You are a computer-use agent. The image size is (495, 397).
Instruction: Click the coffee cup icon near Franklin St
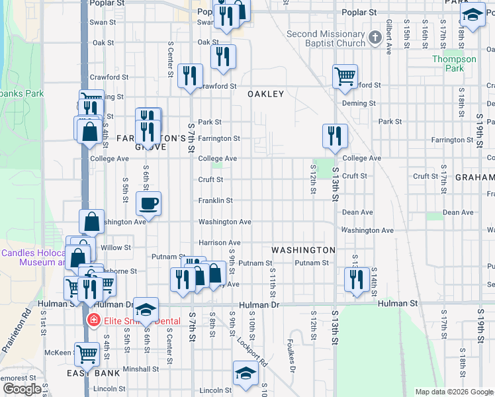pos(148,203)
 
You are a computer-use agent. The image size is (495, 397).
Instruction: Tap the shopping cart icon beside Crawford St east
pos(345,77)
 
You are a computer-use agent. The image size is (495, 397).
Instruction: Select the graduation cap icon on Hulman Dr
pos(146,309)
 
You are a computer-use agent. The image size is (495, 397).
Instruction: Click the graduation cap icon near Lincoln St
pos(246,373)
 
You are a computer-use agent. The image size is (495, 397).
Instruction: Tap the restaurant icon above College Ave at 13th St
pos(335,136)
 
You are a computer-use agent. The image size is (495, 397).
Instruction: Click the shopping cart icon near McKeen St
pos(87,354)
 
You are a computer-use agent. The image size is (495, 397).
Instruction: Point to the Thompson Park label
pos(454,64)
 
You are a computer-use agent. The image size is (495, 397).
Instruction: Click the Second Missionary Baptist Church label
pos(326,39)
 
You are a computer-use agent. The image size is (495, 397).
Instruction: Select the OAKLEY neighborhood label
pos(266,94)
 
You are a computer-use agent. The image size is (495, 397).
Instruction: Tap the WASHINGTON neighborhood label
pos(304,250)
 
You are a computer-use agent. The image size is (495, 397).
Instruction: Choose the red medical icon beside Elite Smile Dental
pos(93,321)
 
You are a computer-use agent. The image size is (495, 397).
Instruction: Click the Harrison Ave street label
pos(220,243)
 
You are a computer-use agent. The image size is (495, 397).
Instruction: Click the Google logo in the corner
pos(22,389)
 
